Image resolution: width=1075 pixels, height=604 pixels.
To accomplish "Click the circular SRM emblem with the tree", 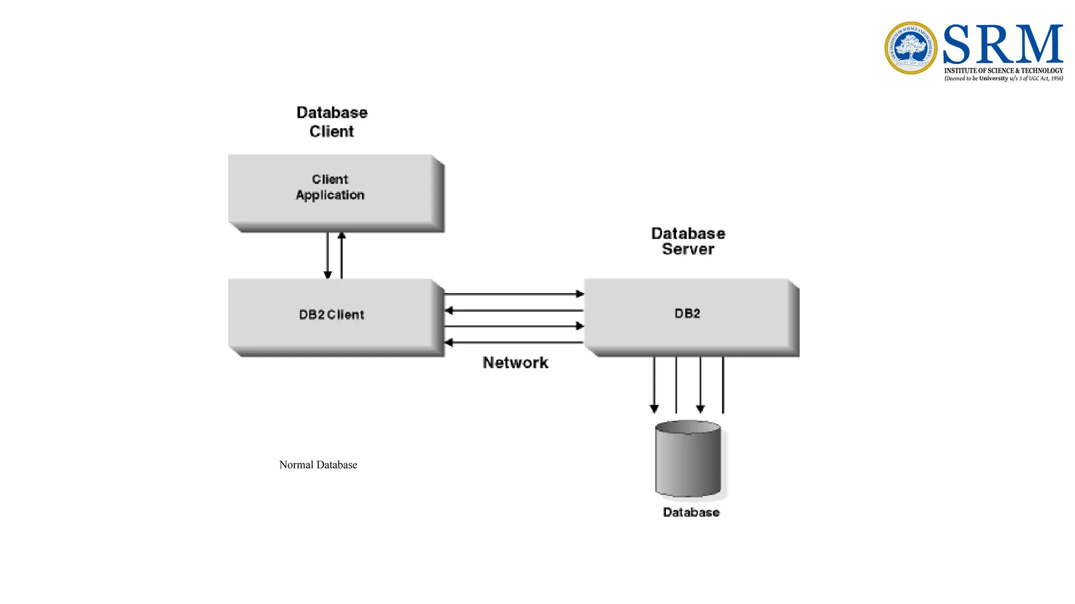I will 911,48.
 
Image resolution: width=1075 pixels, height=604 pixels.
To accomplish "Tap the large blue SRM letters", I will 1003,44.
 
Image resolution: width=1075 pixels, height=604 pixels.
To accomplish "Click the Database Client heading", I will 332,122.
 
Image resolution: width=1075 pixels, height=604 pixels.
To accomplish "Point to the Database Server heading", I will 688,241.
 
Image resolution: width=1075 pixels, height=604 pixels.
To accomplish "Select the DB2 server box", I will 688,315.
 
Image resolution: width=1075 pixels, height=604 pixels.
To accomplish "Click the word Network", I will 515,363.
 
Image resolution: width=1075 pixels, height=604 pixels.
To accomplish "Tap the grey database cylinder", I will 688,459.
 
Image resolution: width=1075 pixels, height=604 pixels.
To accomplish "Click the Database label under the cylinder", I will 691,512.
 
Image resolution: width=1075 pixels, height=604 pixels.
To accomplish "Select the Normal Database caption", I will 318,465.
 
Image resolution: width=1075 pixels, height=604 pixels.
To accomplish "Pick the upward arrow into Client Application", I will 342,255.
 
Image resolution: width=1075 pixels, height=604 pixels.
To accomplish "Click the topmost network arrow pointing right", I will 514,294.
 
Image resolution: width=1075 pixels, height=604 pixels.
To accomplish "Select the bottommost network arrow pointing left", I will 514,342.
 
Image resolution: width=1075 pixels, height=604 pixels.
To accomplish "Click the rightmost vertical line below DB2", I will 723,385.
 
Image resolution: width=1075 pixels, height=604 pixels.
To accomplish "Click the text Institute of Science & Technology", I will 1004,70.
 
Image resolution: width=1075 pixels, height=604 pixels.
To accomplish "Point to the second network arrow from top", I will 514,310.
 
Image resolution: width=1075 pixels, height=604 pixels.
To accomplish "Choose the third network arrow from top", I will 514,326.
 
